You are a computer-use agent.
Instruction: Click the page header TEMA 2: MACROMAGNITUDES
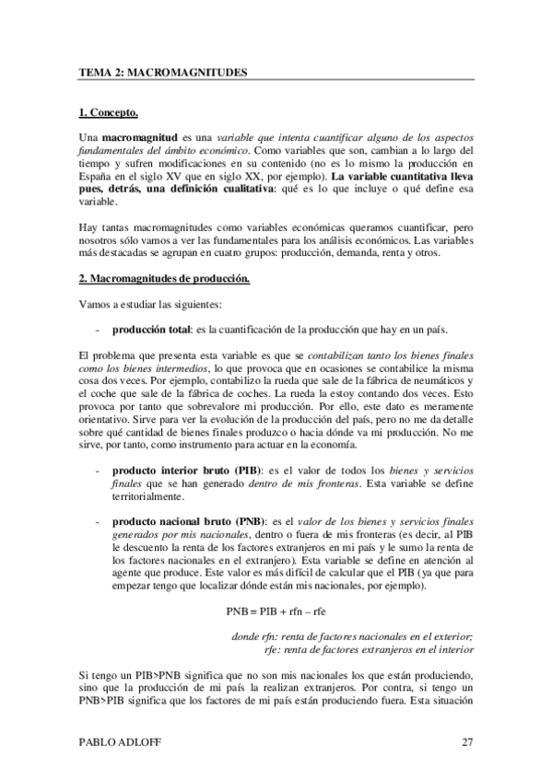(x=163, y=71)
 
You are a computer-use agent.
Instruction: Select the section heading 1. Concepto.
(x=109, y=113)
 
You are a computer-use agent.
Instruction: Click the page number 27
(x=467, y=742)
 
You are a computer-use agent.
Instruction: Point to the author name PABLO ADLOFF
(x=117, y=742)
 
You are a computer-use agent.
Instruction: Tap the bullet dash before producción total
(x=99, y=328)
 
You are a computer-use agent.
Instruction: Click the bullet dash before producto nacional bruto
(x=99, y=520)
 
